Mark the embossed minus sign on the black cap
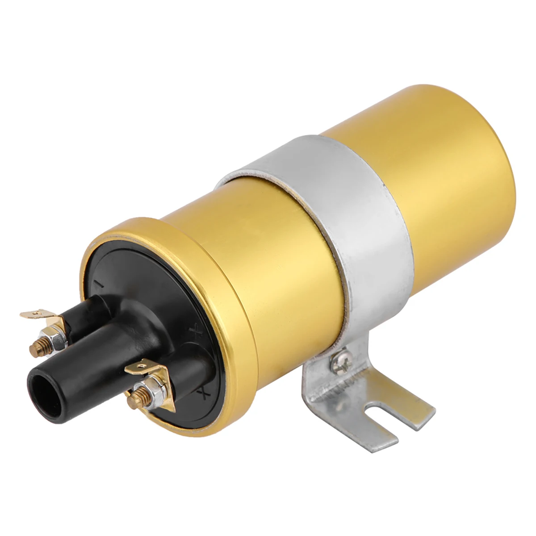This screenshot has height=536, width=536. click(99, 284)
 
